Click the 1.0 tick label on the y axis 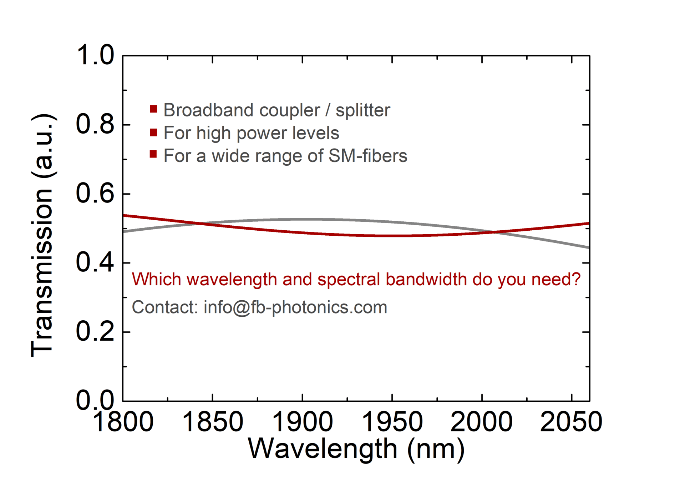coord(95,55)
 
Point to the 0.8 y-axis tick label coord(95,124)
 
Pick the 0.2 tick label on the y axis coord(95,331)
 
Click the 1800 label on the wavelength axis coord(123,422)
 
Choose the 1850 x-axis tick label coord(213,422)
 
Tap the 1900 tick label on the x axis coord(303,422)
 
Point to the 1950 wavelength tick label coord(392,422)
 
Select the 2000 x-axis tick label coord(482,422)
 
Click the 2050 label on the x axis coord(571,422)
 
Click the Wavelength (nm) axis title coord(356,449)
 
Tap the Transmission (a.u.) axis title coord(42,235)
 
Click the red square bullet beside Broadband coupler coord(153,109)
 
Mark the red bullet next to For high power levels coord(153,132)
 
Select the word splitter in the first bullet coord(363,110)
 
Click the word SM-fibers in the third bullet coord(368,156)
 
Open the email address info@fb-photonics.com coord(295,307)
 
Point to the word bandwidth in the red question coord(426,279)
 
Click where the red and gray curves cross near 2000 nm coord(493,232)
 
